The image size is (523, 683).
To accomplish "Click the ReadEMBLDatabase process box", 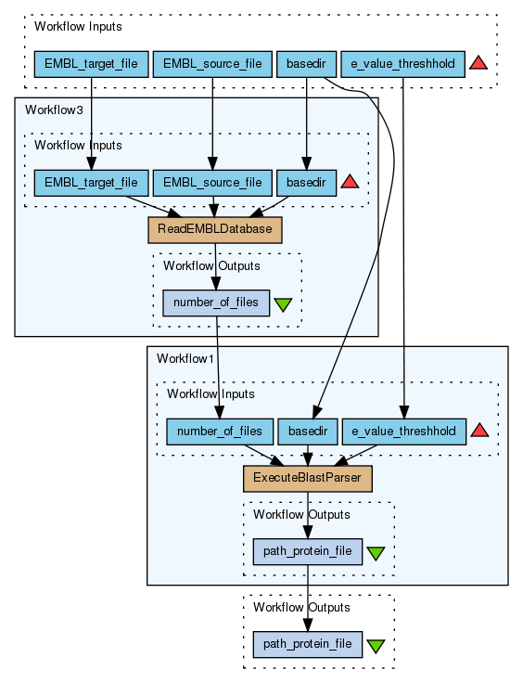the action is click(215, 230).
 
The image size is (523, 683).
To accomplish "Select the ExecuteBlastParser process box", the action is click(308, 479).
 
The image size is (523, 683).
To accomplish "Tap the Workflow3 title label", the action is click(54, 110).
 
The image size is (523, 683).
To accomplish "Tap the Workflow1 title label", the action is click(185, 358).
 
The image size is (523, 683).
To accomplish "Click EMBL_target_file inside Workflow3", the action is click(92, 183).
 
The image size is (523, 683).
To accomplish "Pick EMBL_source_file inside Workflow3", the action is click(212, 183).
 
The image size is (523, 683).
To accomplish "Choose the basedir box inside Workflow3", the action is click(307, 183).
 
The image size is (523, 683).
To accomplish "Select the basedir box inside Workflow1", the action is click(308, 432).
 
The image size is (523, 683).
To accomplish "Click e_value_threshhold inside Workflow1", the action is click(404, 432).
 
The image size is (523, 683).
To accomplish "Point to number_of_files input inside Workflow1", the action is click(220, 432).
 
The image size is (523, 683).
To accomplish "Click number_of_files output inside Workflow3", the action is click(216, 303).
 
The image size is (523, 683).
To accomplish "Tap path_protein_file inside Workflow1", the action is click(308, 552).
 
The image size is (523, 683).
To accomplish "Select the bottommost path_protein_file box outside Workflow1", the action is click(308, 644).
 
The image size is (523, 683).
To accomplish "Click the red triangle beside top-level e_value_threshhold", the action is click(478, 64).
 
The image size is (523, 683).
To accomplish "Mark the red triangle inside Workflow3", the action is click(350, 183).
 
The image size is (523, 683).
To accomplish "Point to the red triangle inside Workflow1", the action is click(479, 432).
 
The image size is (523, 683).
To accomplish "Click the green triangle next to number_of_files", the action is click(283, 304).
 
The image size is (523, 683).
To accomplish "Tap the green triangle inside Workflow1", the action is click(376, 553).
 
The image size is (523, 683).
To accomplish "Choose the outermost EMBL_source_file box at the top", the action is click(212, 64).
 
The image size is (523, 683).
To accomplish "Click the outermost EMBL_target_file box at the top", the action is click(92, 64).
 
